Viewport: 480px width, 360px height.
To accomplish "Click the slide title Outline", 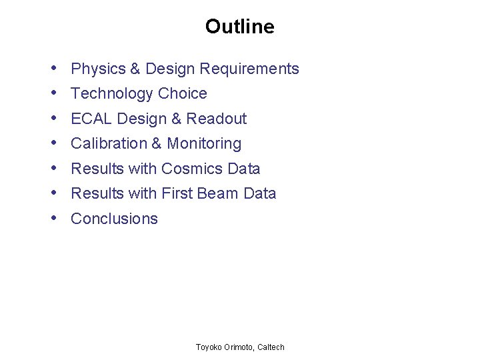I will point(239,27).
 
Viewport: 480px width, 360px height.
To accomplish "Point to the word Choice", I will point(183,94).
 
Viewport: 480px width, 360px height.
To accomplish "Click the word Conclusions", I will point(114,219).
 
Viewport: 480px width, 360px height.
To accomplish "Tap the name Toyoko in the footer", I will point(209,347).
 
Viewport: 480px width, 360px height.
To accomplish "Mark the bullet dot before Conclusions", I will point(53,219).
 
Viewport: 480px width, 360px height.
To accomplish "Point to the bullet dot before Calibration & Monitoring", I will point(53,143).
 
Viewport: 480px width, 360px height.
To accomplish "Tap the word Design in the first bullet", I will point(170,69).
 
